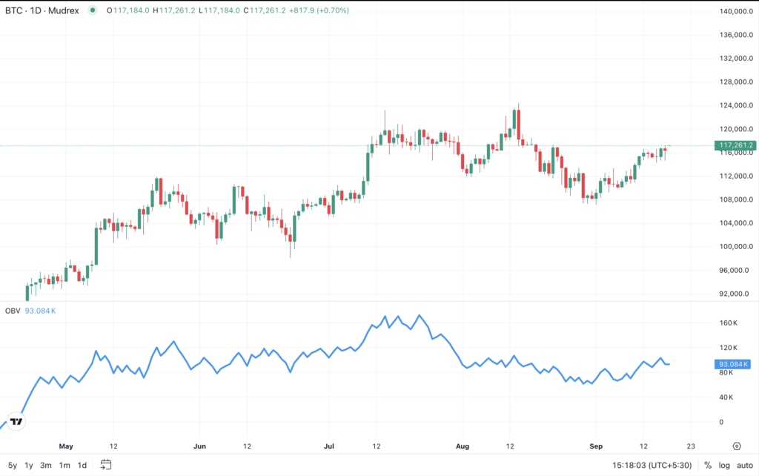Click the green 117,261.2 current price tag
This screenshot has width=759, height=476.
click(x=733, y=145)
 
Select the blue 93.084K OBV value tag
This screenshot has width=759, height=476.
click(x=733, y=364)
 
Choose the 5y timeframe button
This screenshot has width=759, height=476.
click(x=13, y=466)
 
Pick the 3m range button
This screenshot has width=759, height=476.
click(x=46, y=466)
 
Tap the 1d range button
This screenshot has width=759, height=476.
click(x=82, y=466)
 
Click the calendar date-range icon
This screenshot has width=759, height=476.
click(x=106, y=465)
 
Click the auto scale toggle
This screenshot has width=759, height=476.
click(x=744, y=466)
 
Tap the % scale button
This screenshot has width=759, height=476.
click(x=707, y=466)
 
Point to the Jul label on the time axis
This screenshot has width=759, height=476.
click(x=331, y=446)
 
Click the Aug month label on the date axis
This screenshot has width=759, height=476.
click(x=463, y=446)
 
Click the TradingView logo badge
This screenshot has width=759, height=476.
click(x=16, y=421)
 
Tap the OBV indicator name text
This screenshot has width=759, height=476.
click(x=12, y=311)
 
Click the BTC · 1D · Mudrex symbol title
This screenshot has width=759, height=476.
click(x=42, y=10)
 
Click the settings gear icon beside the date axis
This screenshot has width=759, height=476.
click(x=737, y=446)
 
